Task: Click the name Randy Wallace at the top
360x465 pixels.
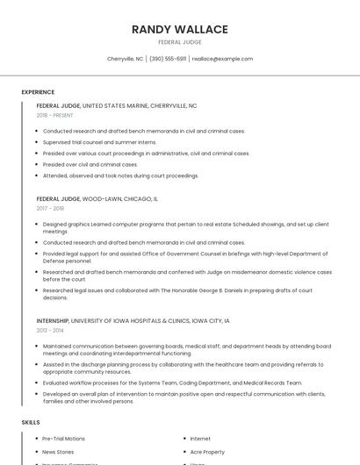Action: pos(180,29)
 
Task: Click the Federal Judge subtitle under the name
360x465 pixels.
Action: pos(180,42)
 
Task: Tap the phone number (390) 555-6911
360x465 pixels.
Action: pos(168,59)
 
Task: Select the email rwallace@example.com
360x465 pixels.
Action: pos(222,59)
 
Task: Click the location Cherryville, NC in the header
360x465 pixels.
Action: pos(125,59)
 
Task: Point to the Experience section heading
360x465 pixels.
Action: pos(38,92)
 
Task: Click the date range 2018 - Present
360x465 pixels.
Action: pos(54,115)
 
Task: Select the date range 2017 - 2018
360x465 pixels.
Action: pos(50,208)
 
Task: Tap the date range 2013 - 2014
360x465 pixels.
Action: pos(50,331)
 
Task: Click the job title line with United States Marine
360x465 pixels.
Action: pos(116,105)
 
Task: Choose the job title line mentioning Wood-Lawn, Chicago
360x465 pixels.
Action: pos(97,198)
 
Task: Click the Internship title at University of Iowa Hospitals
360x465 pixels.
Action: pos(133,321)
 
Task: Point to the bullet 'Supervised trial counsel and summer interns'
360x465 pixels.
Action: pos(99,142)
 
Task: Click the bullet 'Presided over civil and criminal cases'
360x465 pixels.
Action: pos(90,164)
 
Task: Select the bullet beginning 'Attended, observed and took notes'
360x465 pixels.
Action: pos(120,175)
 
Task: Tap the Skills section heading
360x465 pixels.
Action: pos(31,422)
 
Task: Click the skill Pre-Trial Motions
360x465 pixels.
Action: pos(64,438)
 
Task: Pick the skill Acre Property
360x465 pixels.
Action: pos(207,452)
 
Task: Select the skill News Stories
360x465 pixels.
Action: pos(59,452)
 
